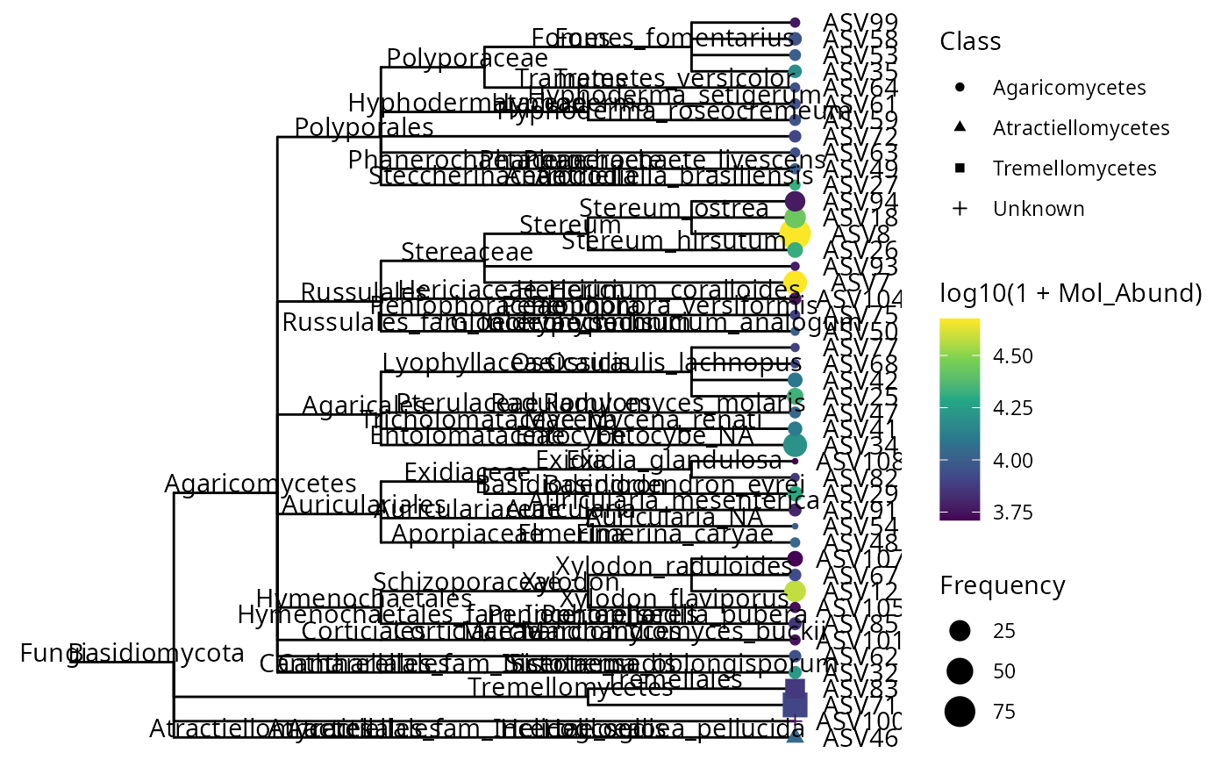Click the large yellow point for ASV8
[x=795, y=233]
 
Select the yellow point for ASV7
[x=795, y=282]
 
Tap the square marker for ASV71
[x=795, y=705]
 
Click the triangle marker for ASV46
[x=795, y=737]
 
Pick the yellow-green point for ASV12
[x=795, y=591]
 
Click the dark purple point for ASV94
[x=795, y=201]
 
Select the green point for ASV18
[x=795, y=218]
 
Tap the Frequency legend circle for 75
[x=960, y=711]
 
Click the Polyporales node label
[x=364, y=127]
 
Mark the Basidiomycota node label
[x=156, y=653]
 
